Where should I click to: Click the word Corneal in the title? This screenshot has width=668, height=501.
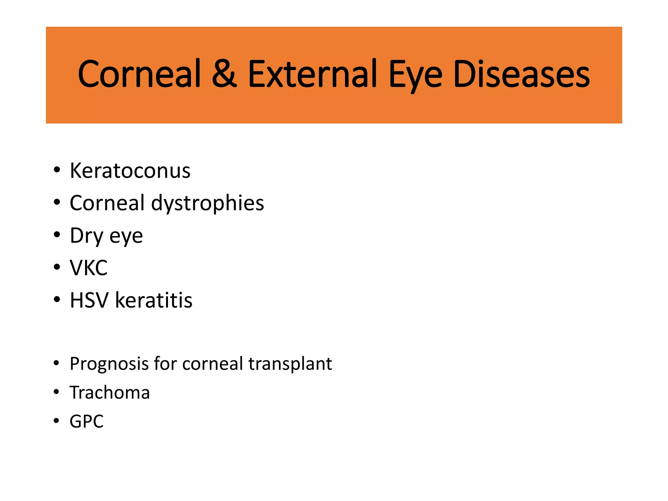(x=139, y=74)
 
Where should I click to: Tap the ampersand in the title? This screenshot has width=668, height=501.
(x=224, y=74)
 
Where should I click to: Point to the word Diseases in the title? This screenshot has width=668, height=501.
(x=521, y=74)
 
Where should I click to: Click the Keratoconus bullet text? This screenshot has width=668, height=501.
(x=130, y=171)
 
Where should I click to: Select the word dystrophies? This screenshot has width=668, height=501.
(x=207, y=204)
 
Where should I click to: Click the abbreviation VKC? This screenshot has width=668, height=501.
(x=88, y=268)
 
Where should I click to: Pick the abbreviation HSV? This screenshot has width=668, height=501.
(x=89, y=300)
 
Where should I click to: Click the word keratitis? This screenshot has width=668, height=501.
(x=154, y=300)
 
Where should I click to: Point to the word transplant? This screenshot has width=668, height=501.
(x=290, y=364)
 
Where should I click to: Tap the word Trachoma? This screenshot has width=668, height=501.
(x=110, y=392)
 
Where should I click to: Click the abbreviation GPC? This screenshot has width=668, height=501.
(x=86, y=421)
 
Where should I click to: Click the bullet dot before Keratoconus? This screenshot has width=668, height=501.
(x=57, y=170)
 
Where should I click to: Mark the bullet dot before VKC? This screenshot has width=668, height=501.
(x=57, y=267)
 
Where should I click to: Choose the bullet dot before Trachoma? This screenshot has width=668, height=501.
(x=56, y=392)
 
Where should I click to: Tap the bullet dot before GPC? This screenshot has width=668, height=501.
(x=56, y=421)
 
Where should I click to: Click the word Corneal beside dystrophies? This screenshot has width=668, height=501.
(x=107, y=203)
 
